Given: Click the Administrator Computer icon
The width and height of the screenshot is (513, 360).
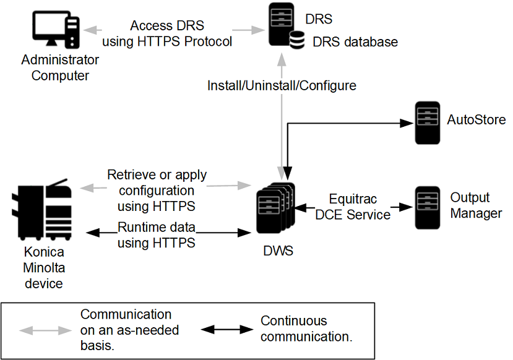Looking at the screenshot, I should pos(56,30).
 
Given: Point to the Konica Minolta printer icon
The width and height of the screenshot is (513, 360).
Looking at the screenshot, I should pos(43,211).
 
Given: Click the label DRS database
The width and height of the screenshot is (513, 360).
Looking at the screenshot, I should pos(355,42).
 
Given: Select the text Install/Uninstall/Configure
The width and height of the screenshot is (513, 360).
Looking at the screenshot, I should pos(282,85).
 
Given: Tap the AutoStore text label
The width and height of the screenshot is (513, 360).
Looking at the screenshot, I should pos(476,119).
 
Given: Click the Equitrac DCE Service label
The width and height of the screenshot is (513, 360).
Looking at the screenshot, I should pos(353,207).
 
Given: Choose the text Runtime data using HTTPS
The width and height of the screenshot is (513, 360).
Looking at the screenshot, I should pos(156,235).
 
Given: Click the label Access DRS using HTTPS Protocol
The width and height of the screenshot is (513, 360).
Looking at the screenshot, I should pos(167,34).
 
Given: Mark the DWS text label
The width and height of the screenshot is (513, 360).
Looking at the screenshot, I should pos(277,252).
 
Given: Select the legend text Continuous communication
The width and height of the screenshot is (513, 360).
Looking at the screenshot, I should pos(306,329).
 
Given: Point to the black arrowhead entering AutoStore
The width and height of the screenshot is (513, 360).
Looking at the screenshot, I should pos(407,123).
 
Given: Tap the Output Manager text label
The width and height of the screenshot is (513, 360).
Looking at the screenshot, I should pos(476,205).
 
